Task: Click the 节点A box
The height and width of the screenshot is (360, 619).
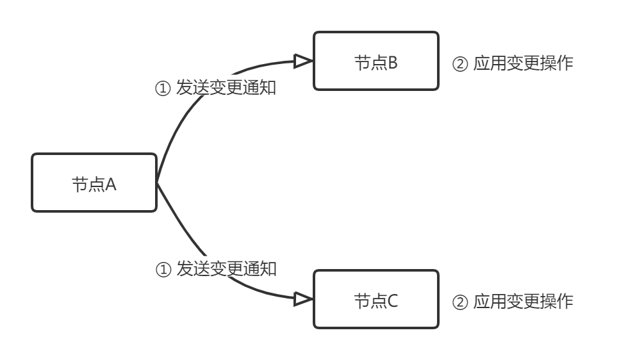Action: (94, 183)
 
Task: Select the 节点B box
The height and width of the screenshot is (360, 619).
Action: (376, 61)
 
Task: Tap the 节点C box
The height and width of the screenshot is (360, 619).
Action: (376, 299)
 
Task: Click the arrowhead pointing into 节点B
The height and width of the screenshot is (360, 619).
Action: (302, 61)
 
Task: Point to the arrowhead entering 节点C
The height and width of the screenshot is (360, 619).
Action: (302, 299)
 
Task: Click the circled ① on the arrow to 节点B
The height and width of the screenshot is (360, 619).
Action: (164, 88)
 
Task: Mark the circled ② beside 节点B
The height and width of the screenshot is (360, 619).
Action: (461, 64)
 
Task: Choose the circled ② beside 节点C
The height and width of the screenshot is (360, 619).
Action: (461, 302)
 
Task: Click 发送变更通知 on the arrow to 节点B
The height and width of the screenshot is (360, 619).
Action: (226, 88)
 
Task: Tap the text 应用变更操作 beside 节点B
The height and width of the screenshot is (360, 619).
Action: (523, 64)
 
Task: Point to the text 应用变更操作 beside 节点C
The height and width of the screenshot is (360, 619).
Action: (523, 302)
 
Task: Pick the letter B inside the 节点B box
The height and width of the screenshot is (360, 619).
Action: (392, 63)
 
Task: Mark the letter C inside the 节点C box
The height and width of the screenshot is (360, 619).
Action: (392, 301)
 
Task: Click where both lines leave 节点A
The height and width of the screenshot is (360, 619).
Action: (157, 183)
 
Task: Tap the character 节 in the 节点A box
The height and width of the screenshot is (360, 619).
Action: (79, 184)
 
